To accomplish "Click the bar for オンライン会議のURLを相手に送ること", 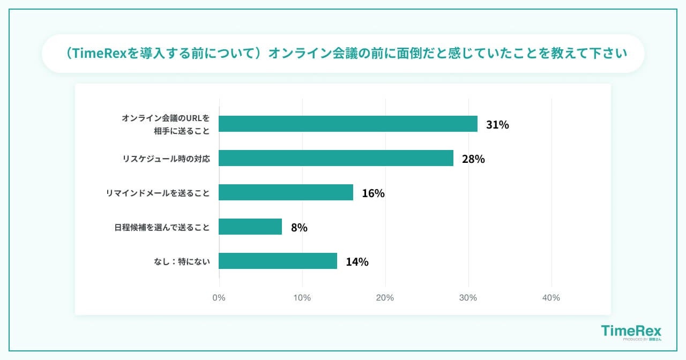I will pos(348,124).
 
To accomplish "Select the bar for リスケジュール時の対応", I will pos(336,158).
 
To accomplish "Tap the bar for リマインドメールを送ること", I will pos(286,192).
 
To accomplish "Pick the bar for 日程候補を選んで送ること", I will pos(250,227).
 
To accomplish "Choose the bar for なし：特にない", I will pos(278,261).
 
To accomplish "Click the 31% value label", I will pos(497,125).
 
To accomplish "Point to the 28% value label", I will pos(473,159).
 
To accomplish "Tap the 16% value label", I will pos(373,193).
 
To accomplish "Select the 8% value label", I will pos(299,228).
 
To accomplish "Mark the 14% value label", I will pos(357,262).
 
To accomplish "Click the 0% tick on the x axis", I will pos(219,297).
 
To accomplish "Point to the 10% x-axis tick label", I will pos(302,297).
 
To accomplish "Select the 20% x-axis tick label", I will pos(385,297).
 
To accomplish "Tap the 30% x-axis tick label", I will pos(468,297).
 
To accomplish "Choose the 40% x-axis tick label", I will pos(551,297).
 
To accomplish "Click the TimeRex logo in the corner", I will pos(631,332).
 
